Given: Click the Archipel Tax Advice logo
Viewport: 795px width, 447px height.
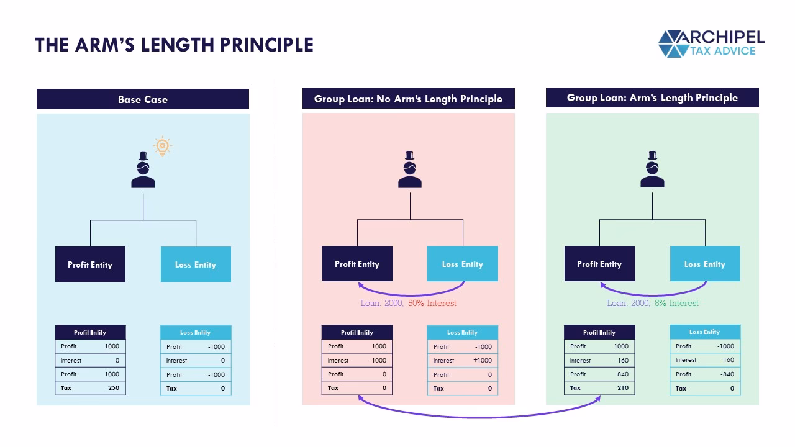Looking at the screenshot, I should pos(711,43).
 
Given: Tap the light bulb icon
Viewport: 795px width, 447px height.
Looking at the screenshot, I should pos(162,147).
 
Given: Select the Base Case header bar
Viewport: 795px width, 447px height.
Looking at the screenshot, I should pos(143,99).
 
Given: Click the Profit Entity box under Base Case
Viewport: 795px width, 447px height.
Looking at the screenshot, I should pos(90,264).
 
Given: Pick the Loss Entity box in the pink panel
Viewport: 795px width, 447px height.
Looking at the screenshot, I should pos(463,264).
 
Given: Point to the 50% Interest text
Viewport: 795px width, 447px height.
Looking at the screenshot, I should pos(432,304).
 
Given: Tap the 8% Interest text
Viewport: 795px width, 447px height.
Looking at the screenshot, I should pos(676,304).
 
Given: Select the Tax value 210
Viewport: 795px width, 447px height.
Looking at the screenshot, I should pos(622,388).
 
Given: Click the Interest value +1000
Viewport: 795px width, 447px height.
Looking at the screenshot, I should pos(482,361).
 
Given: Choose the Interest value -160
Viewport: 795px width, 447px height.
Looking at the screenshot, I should pos(621,361).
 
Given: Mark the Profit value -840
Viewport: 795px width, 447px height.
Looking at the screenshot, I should pos(727,374).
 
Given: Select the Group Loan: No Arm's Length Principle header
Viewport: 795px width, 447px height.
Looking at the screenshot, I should pos(408,99).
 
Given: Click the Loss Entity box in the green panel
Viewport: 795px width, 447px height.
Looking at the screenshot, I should pos(705,264).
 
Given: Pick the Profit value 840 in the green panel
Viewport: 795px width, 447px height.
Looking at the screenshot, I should pos(622,374).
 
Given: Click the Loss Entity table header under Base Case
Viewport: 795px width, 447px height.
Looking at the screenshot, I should pos(196,333).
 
